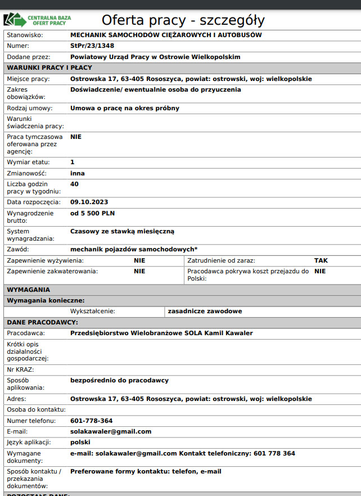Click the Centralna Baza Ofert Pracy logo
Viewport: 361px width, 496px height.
[37, 21]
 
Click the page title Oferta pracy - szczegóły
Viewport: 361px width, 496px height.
[183, 21]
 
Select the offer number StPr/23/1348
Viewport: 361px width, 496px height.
[92, 46]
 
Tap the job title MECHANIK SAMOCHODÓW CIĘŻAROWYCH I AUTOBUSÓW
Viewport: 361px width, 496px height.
[166, 35]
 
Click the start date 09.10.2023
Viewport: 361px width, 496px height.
[89, 202]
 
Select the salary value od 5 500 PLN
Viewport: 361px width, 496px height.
[92, 213]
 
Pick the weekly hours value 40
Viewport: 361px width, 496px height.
[74, 184]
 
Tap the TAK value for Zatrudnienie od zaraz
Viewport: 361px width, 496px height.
[321, 260]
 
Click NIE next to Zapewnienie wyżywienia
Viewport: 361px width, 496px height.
[139, 260]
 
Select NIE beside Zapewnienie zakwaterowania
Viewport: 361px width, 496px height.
[139, 271]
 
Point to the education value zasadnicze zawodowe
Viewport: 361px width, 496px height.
[205, 311]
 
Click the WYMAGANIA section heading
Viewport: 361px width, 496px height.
[28, 290]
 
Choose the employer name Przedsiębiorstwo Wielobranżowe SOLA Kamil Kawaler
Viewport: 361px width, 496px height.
[161, 333]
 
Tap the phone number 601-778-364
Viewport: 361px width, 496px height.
[91, 421]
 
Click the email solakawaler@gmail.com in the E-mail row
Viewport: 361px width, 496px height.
[111, 431]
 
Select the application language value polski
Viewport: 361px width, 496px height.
[80, 442]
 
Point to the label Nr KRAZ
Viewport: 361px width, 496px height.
[20, 369]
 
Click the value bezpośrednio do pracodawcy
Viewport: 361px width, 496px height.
[119, 380]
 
